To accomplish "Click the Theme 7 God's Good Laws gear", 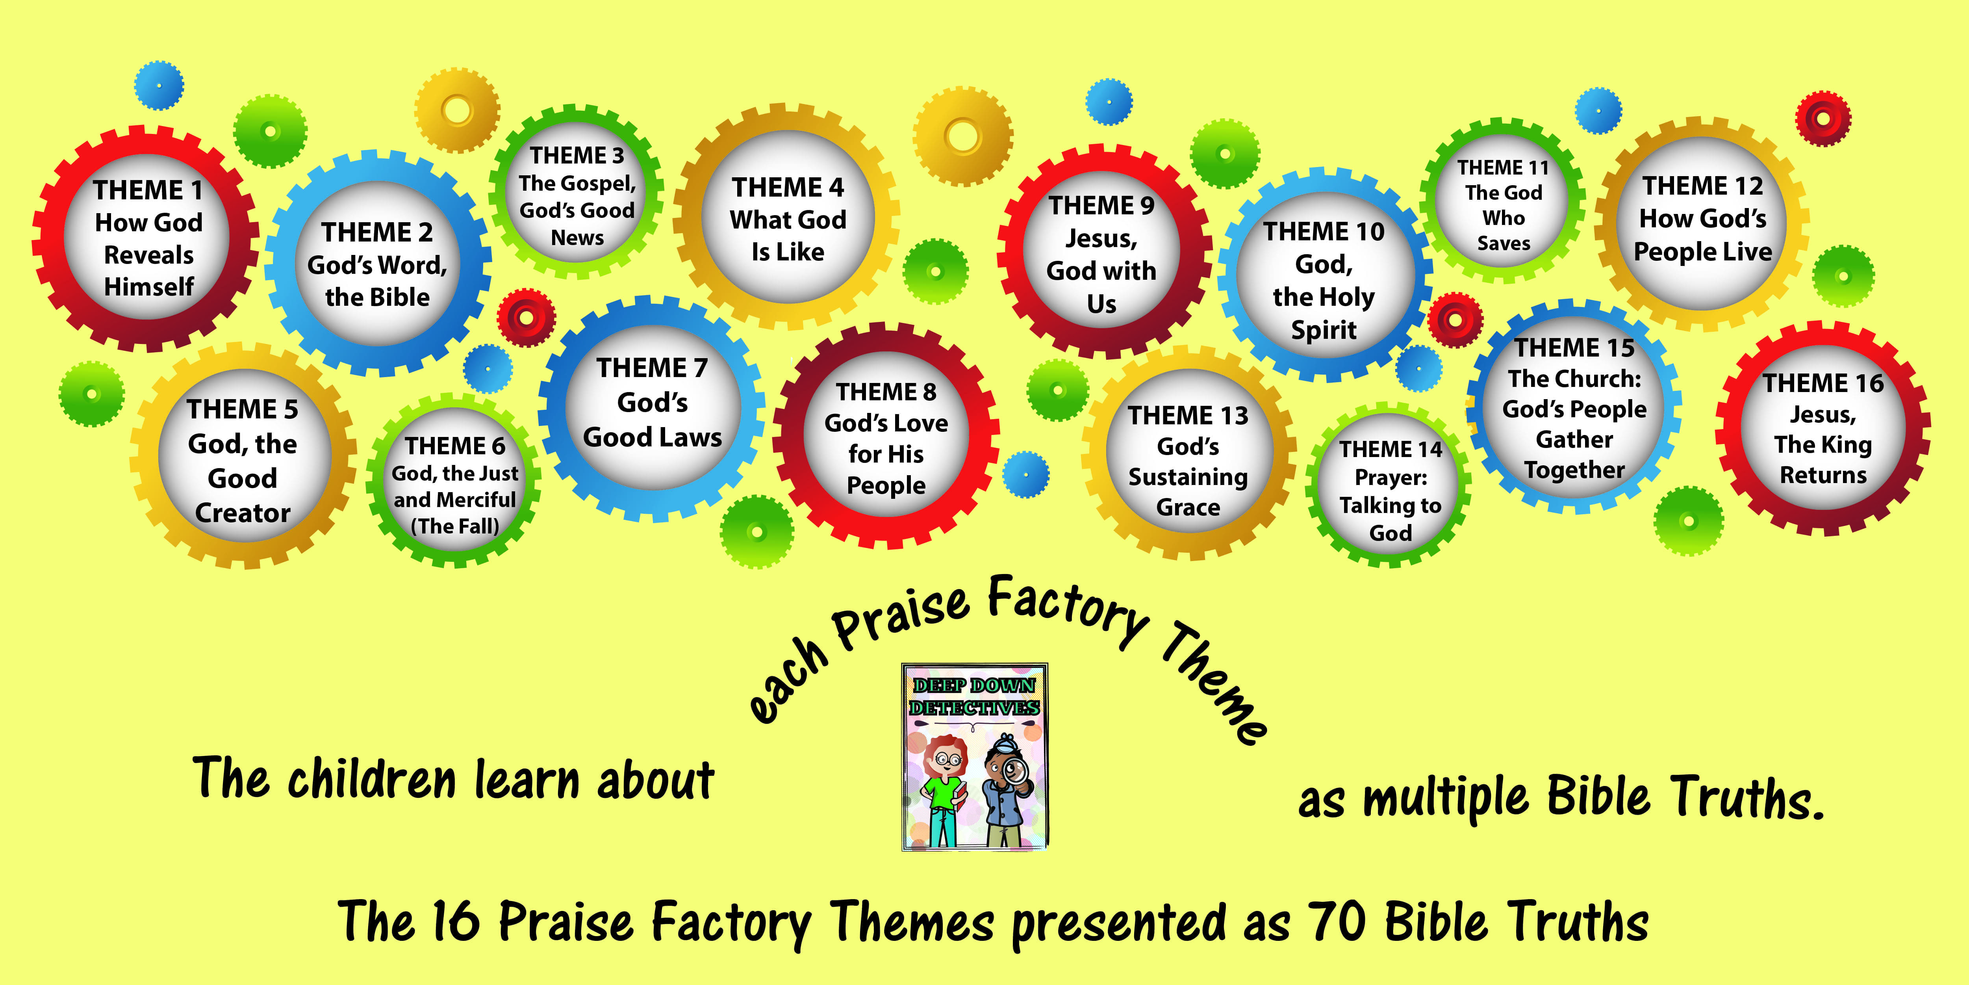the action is click(x=652, y=408).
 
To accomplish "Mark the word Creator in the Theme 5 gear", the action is click(x=243, y=512).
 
